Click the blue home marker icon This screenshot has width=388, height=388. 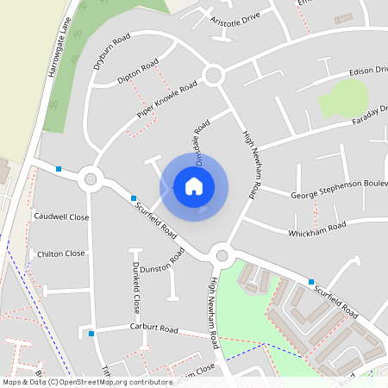coord(194,185)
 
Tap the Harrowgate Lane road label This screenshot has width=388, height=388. coord(59,51)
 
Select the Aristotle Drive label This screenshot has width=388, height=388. coord(234,18)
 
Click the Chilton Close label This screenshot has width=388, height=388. coord(60,253)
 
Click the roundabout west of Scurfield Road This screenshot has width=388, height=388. coord(90,180)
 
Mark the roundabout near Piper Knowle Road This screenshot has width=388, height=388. coord(214,76)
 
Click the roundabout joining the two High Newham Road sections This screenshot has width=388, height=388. coord(222,254)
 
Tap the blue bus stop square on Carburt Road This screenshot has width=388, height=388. coord(91,333)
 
